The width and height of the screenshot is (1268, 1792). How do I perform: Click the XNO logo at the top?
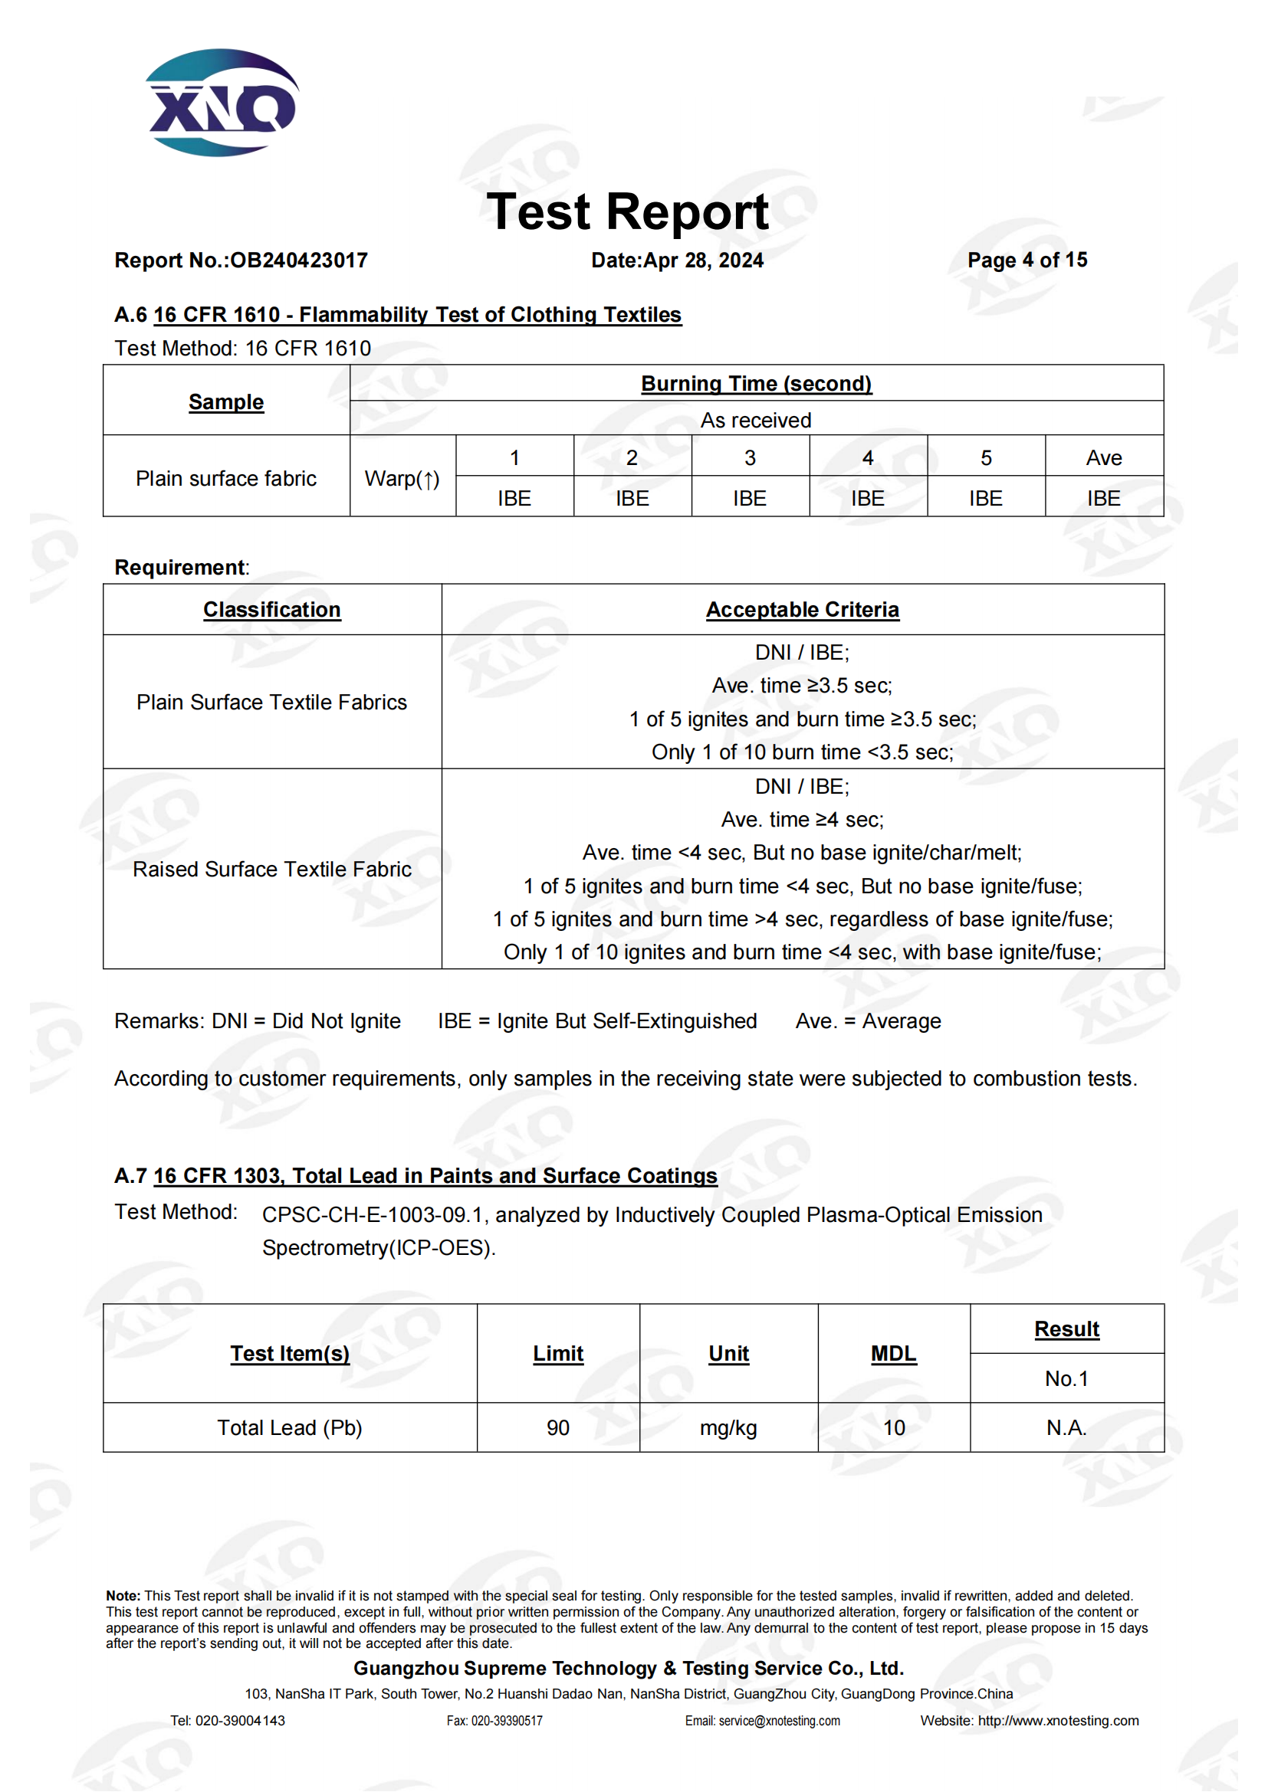222,103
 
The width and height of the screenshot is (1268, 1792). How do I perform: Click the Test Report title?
627,211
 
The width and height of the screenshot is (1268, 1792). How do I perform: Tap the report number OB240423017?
299,260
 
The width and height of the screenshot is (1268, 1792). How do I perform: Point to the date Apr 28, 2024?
703,260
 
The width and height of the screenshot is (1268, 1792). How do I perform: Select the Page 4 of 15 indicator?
1027,260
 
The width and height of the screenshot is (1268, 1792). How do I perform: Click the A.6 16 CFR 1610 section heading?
398,315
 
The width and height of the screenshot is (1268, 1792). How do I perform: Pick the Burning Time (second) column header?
756,383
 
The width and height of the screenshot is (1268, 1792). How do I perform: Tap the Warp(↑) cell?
402,478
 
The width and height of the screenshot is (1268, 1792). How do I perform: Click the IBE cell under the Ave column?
1103,498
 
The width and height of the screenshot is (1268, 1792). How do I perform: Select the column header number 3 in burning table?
750,457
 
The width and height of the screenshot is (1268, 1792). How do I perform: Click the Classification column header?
271,610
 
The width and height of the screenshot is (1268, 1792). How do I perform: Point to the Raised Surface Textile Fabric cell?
271,869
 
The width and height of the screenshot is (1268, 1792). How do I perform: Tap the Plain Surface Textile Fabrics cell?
271,702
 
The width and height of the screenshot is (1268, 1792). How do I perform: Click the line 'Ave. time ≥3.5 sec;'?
802,685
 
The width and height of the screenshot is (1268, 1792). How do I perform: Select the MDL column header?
893,1352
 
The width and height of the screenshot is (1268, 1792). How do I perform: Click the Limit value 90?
557,1427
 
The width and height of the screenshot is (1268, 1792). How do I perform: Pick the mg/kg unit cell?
728,1427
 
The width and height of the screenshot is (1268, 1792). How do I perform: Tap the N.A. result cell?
1066,1427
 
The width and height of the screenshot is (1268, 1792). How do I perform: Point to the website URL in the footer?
1058,1720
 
